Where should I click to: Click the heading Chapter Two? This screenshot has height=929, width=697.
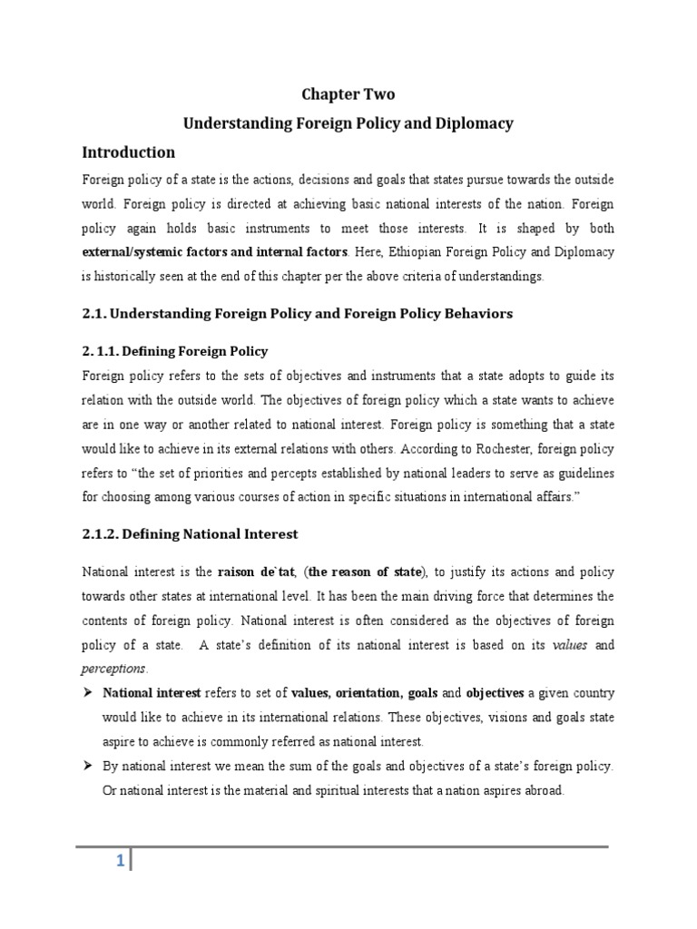348,94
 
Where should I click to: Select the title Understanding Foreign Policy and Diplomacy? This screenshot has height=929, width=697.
348,122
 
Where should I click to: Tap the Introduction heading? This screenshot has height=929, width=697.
129,152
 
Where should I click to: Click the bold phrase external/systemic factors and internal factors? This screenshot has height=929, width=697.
215,250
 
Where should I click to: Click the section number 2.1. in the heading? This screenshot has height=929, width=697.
96,313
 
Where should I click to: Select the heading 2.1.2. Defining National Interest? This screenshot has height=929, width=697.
190,534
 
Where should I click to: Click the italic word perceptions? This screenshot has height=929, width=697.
113,668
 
